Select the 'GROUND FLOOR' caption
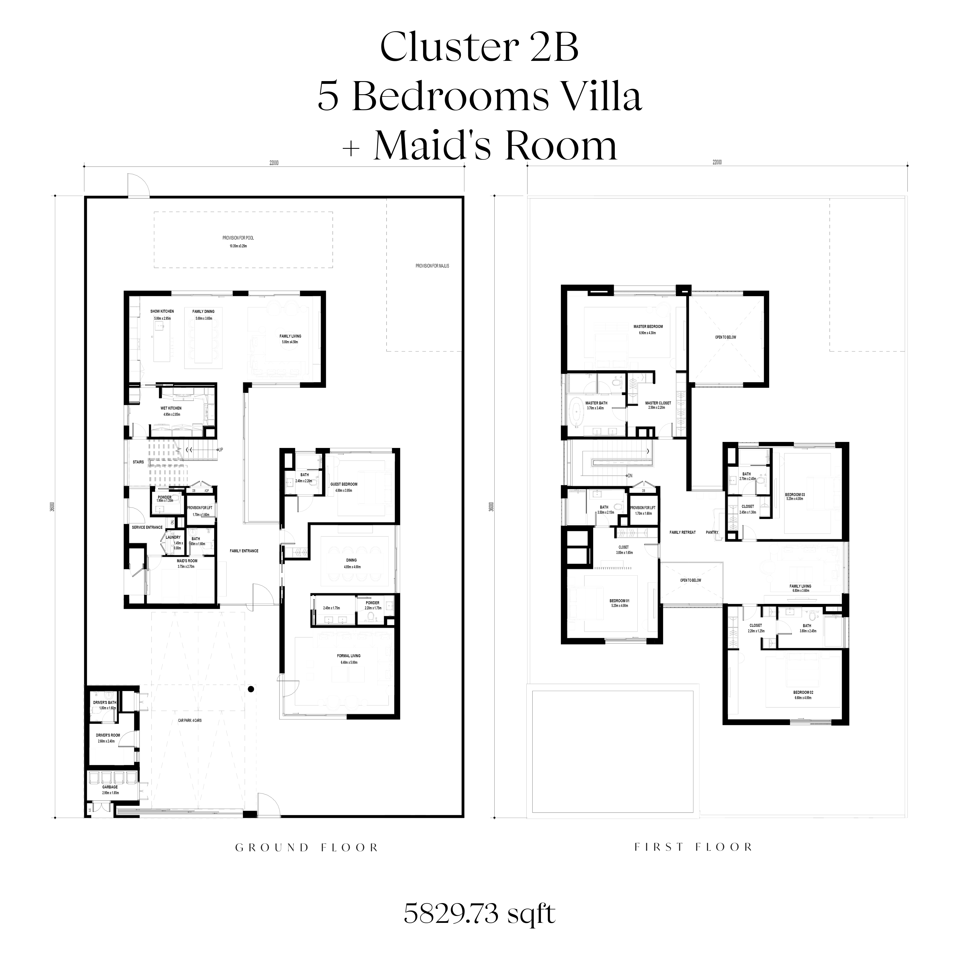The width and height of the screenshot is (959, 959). point(307,847)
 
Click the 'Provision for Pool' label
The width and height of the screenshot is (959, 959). point(238,238)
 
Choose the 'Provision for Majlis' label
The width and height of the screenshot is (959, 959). point(432,266)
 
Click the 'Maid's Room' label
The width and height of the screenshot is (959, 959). point(187,561)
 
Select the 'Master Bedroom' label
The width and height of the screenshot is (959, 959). point(648,327)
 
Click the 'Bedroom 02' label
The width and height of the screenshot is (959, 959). point(803,692)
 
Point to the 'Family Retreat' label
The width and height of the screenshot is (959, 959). point(683,532)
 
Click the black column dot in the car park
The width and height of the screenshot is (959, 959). point(252,689)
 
